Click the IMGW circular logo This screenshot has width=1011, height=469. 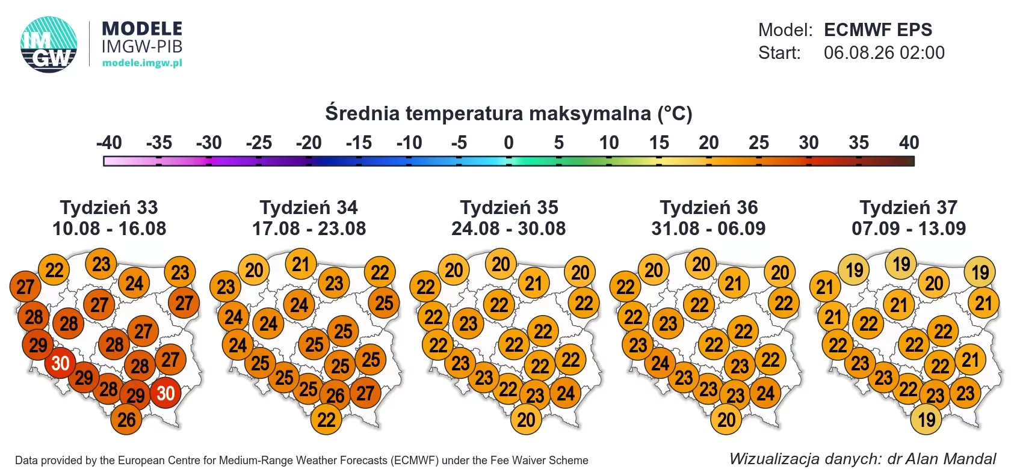[49, 44]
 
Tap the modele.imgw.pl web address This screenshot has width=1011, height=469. [142, 63]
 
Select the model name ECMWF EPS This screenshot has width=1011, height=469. [878, 30]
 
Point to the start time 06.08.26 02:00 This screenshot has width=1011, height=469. [883, 53]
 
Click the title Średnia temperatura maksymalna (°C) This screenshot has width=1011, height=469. [509, 113]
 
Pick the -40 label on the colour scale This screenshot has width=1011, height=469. [110, 143]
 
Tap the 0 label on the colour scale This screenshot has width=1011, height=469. [509, 143]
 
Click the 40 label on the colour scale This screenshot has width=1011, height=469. [909, 143]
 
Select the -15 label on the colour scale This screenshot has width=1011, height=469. [359, 143]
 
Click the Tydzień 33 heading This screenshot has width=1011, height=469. [109, 207]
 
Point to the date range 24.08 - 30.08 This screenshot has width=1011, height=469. [509, 228]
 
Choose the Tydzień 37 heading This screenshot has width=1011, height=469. [909, 207]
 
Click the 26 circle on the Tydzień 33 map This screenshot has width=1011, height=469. [126, 420]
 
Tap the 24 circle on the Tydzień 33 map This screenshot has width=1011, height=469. [134, 283]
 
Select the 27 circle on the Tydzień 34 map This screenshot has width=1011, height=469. [365, 393]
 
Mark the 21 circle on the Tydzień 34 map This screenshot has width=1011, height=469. [301, 264]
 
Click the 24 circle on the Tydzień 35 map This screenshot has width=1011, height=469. [565, 393]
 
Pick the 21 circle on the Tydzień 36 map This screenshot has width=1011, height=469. [734, 283]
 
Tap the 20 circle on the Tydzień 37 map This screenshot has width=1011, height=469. [934, 283]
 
